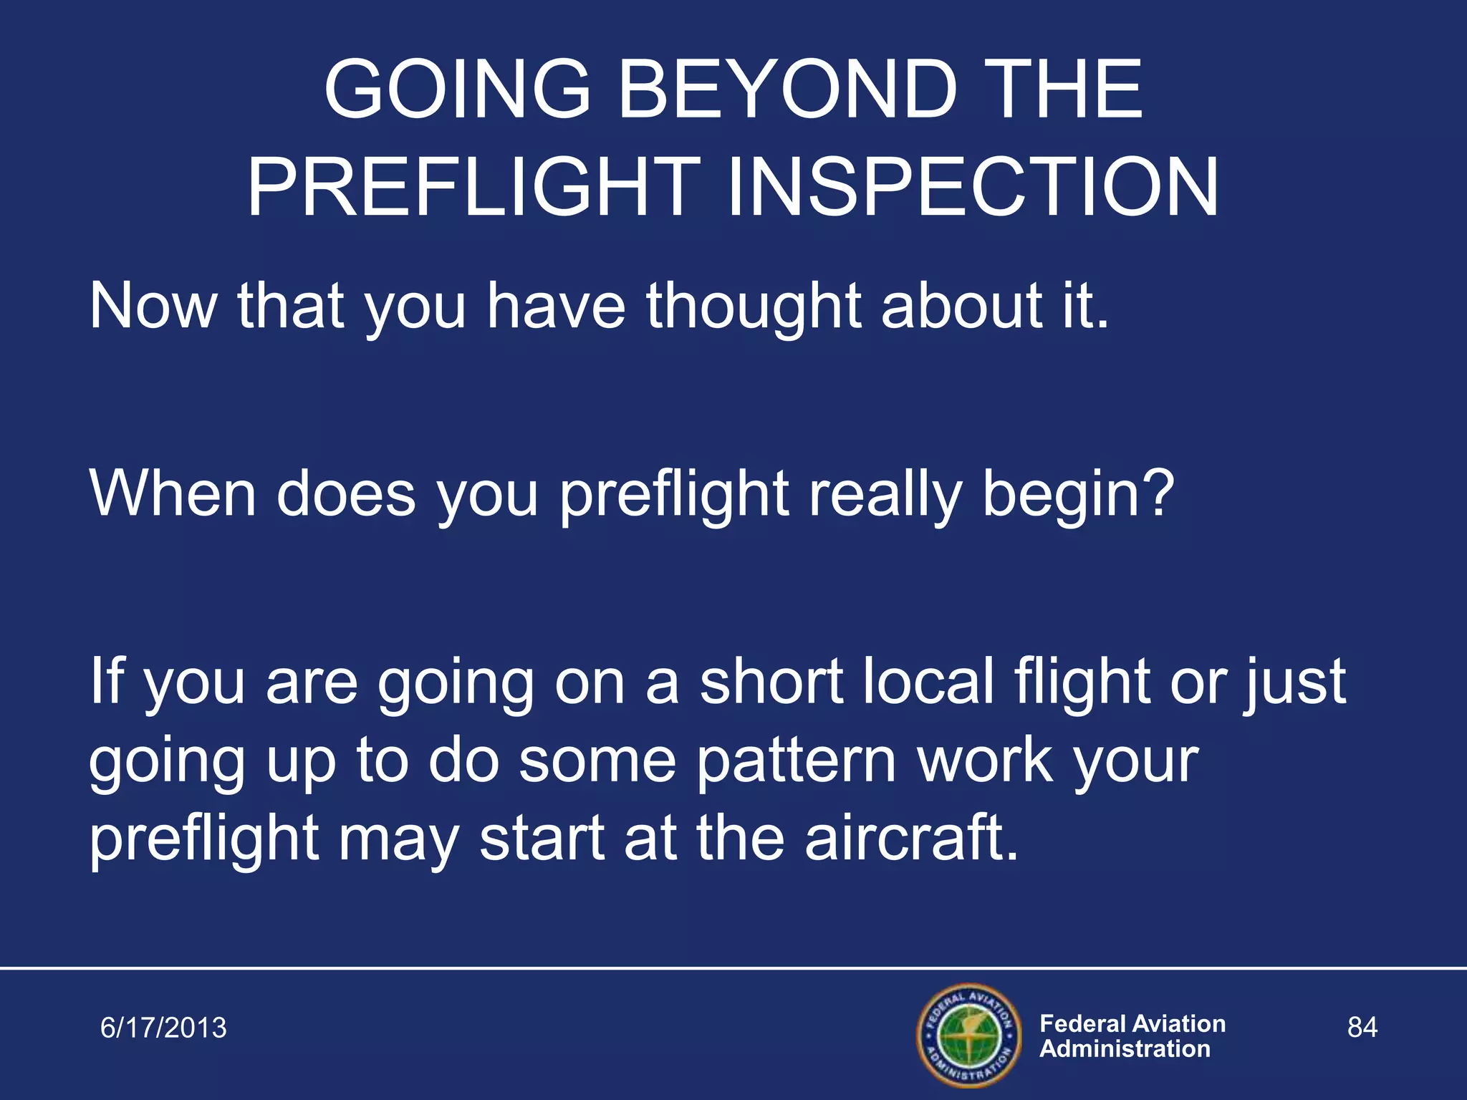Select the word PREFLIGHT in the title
pyautogui.click(x=473, y=188)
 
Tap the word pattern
pyautogui.click(x=796, y=761)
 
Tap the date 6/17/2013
pyautogui.click(x=163, y=1028)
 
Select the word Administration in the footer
pyautogui.click(x=1125, y=1049)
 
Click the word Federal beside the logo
pyautogui.click(x=1084, y=1023)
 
